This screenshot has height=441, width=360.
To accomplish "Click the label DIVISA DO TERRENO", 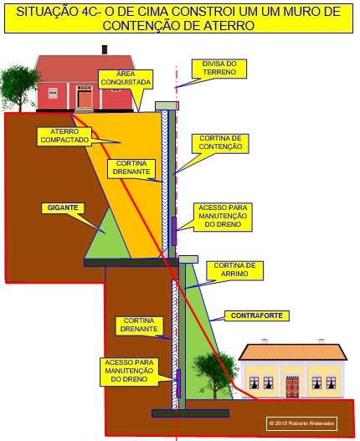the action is pos(219,69).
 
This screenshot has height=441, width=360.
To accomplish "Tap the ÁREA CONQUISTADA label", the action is pos(126,79).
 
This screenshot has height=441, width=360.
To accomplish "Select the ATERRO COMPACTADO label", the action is pos(64,136).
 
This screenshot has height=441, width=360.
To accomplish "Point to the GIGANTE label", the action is pos(63,208).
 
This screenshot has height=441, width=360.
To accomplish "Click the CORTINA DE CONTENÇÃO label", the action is pos(220,143).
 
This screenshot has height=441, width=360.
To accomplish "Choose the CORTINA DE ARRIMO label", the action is pos(234,270).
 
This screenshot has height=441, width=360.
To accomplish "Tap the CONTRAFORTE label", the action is pos(257,315).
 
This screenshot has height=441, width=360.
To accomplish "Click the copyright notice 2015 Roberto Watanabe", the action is pos(301,423).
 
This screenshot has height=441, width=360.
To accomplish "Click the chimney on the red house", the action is pos(105,49).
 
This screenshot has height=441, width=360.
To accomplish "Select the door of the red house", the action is pos(85,99).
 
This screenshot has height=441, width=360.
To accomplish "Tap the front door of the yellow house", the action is pos(292,387).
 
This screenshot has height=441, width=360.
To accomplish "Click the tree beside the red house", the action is pos(19,88).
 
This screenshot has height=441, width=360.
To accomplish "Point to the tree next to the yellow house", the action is pos(214,374).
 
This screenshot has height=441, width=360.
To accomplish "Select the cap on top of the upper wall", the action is pos(167,105).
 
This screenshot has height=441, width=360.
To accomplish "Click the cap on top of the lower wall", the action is pos(188,259).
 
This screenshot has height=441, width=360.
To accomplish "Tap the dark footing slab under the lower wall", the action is pos(190,413).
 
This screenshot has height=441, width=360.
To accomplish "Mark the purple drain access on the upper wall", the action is pos(174,231).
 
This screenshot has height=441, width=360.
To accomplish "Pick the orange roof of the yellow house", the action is pos(293,351).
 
